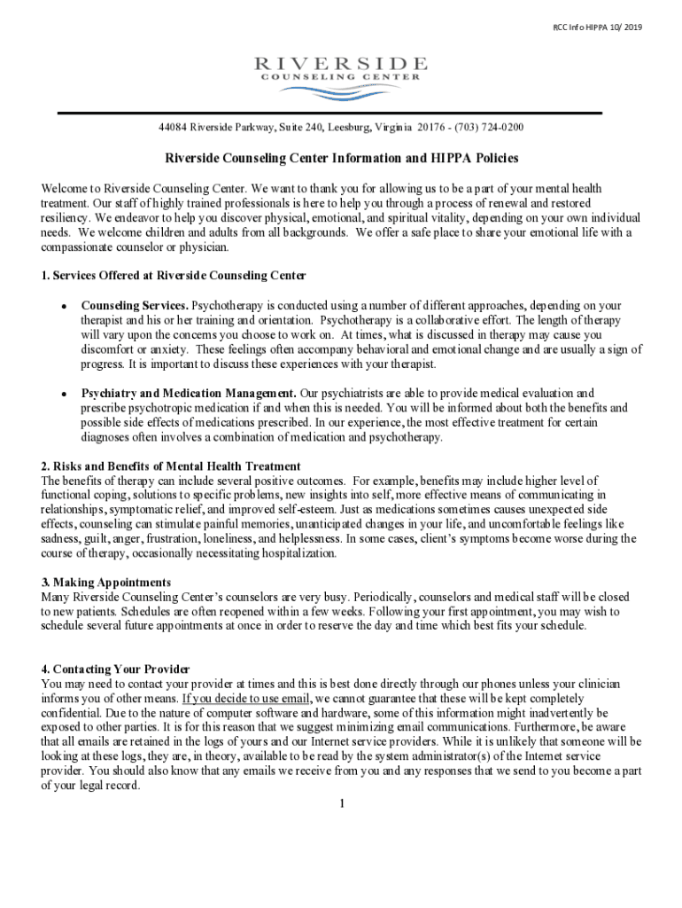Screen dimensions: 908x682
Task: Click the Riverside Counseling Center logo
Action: point(341,68)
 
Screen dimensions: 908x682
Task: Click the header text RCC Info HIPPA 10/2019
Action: point(598,27)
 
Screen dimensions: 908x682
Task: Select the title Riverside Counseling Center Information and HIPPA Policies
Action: point(341,159)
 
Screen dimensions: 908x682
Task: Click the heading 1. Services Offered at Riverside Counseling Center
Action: point(174,275)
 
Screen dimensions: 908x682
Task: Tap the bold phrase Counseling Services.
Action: point(135,306)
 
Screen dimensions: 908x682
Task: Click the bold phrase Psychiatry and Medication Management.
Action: point(189,393)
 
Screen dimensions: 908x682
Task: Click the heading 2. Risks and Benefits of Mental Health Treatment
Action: point(171,466)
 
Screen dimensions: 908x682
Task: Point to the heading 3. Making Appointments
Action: point(105,582)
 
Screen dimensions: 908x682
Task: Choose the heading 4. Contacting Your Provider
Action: point(115,669)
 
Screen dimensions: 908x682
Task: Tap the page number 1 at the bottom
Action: point(341,804)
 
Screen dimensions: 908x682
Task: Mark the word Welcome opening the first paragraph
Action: point(65,189)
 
